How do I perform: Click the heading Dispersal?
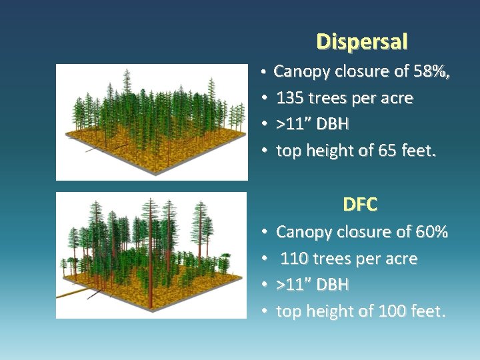point(362,42)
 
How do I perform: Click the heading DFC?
point(360,205)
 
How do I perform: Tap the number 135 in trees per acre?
point(290,99)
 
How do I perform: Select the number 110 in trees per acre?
point(294,259)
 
